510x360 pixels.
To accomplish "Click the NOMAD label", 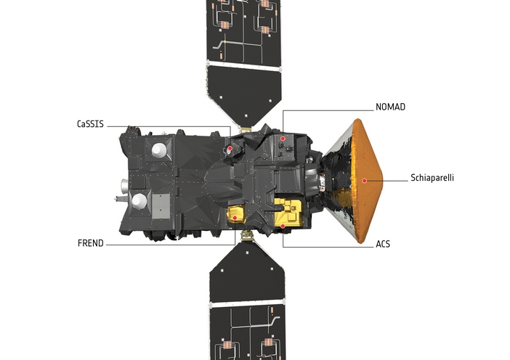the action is [x=390, y=107].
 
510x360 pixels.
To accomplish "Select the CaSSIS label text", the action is [x=90, y=124].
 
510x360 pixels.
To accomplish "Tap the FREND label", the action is [x=91, y=243].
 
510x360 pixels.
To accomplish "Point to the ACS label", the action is [x=383, y=244].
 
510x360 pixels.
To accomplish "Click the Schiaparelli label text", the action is [x=432, y=178].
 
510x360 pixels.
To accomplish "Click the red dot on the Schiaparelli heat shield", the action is [x=365, y=181].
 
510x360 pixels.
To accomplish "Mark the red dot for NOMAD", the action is [x=283, y=139].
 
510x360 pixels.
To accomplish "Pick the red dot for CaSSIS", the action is [x=230, y=149].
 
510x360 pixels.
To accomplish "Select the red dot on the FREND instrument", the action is [x=235, y=218].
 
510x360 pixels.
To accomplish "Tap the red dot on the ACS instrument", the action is [x=283, y=226].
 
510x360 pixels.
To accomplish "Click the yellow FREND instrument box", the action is [x=236, y=215].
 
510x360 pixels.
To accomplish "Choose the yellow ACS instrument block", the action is [x=289, y=213].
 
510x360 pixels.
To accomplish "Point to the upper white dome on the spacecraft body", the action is [x=159, y=150].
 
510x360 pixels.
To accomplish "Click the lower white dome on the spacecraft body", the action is [x=139, y=200].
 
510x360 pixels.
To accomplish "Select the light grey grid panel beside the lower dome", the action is [x=161, y=206].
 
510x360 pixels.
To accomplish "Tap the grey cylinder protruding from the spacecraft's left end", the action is [x=124, y=186].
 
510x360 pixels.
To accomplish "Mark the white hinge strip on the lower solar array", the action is [x=248, y=305].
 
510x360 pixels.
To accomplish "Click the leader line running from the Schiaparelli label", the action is [x=387, y=181].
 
